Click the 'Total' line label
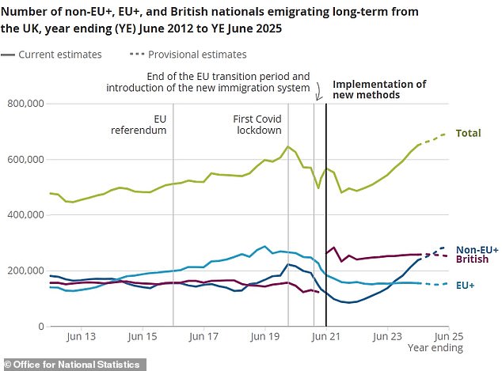pyautogui.click(x=468, y=133)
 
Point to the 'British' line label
pyautogui.click(x=472, y=259)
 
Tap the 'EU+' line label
pyautogui.click(x=466, y=285)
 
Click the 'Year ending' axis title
pyautogui.click(x=428, y=347)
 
